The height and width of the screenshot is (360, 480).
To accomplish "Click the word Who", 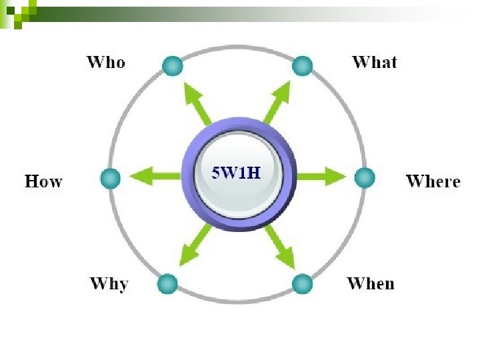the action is (x=105, y=63).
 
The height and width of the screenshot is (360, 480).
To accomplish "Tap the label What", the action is (x=374, y=63).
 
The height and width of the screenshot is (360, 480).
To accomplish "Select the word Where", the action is (x=433, y=181).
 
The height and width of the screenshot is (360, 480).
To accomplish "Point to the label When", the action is (x=371, y=283).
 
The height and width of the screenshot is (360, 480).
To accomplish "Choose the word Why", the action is (x=109, y=283).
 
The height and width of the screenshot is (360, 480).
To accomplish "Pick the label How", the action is (x=43, y=181).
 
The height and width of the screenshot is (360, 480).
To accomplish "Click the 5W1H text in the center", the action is (x=235, y=172).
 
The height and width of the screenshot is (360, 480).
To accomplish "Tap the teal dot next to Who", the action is (x=172, y=65).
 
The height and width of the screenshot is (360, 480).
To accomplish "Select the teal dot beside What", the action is (x=302, y=65).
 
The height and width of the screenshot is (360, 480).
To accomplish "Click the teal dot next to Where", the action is (x=364, y=177).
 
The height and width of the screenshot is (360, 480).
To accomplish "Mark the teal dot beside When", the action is (x=302, y=283).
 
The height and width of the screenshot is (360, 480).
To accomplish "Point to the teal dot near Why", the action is (x=167, y=283).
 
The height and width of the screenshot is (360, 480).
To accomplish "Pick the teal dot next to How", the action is (x=110, y=178).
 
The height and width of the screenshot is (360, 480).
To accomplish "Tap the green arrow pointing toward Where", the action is (x=320, y=177).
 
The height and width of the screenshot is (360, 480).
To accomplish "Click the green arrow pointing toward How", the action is (x=155, y=177).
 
